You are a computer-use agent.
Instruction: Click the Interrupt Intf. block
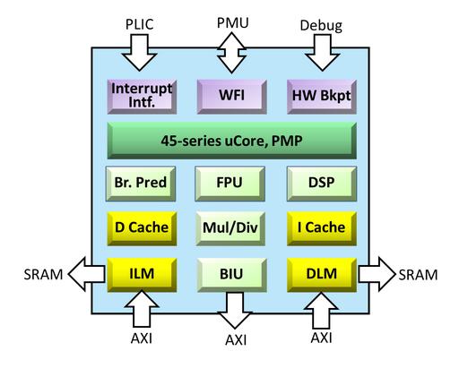click(x=142, y=97)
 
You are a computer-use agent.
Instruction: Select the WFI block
click(x=232, y=97)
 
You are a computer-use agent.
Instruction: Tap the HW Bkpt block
click(x=322, y=97)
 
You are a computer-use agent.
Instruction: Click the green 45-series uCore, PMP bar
click(x=232, y=141)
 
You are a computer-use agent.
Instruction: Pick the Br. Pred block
click(x=141, y=184)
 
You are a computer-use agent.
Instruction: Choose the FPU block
click(x=230, y=184)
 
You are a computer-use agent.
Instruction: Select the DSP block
click(x=322, y=184)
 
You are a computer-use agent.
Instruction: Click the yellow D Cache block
click(x=142, y=228)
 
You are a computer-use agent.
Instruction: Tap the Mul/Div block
click(x=230, y=228)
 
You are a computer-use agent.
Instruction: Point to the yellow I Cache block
click(x=322, y=228)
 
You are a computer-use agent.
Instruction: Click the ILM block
click(x=142, y=275)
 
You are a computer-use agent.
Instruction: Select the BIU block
click(x=232, y=275)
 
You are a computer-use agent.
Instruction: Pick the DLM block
click(x=322, y=275)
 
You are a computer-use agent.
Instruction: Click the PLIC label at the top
click(x=140, y=24)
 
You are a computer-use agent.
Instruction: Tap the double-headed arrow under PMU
click(x=231, y=53)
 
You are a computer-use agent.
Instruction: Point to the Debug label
click(x=321, y=26)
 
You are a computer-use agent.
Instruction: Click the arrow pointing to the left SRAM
click(x=87, y=274)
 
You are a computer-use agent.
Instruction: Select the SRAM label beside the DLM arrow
click(x=418, y=275)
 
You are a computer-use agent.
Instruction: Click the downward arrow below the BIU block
click(x=235, y=311)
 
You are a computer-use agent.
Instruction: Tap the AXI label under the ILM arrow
click(x=142, y=338)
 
